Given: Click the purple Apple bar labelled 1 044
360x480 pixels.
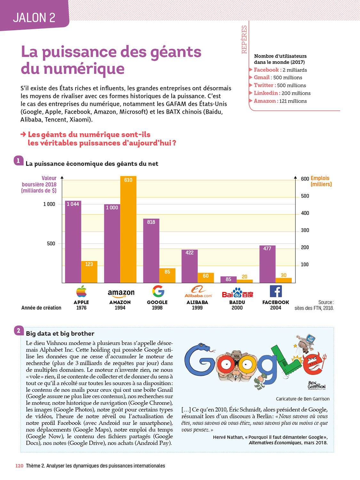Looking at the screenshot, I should tap(73, 242).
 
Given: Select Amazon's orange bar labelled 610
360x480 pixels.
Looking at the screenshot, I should tap(128, 229).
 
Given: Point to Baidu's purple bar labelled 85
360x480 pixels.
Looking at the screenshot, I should tap(228, 279).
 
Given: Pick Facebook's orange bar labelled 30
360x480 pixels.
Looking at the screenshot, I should tap(284, 280).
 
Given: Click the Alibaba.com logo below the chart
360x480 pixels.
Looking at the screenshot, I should tap(198, 292).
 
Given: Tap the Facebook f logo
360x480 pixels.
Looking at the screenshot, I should tap(276, 291).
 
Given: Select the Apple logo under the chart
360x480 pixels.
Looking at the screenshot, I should tap(81, 291).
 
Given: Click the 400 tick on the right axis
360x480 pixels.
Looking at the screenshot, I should tap(305, 213).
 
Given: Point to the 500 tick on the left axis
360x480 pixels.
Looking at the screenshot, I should tap(51, 244).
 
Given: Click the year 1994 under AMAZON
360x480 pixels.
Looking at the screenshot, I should tap(120, 308).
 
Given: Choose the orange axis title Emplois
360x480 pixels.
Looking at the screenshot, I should tap(320, 178).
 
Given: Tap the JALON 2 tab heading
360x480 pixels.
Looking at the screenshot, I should tap(34, 18).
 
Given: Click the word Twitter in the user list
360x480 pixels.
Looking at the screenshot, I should tap(264, 85).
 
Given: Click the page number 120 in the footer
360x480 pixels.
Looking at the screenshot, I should tap(19, 466).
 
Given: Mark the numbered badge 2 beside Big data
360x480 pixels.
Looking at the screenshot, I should tap(19, 331).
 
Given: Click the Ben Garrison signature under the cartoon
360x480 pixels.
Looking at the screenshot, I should tap(316, 385).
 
